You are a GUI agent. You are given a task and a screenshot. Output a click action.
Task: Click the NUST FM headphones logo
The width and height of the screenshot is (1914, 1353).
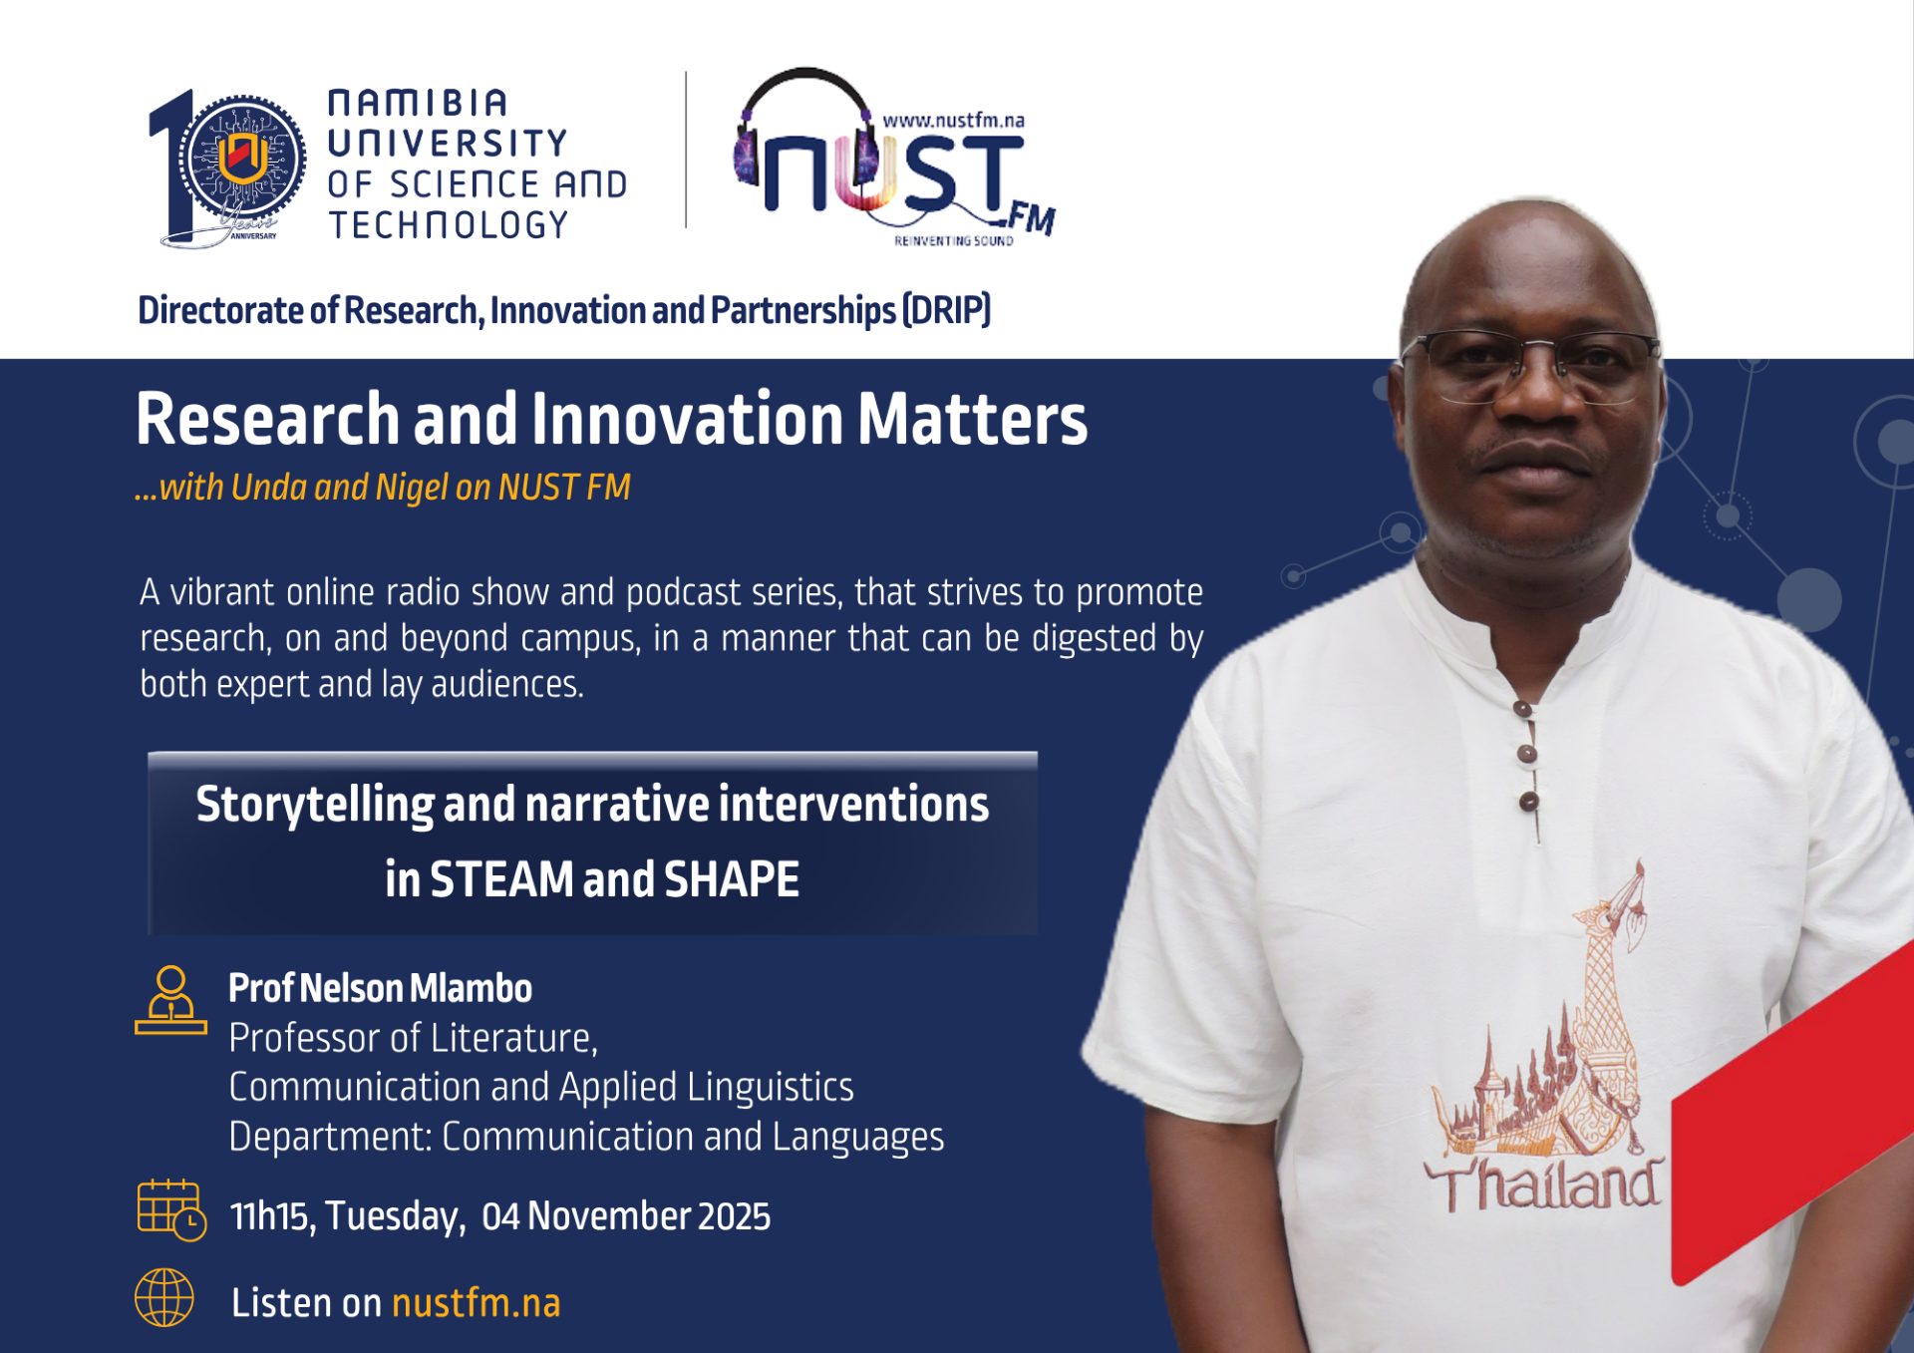(894, 158)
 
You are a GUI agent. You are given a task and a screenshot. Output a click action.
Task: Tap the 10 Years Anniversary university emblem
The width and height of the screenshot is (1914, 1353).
(228, 168)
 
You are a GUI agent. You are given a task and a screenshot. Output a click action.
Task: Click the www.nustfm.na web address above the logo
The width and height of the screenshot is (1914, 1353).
(954, 120)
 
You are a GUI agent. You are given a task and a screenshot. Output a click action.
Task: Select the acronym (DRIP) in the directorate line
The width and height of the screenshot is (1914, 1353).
(946, 310)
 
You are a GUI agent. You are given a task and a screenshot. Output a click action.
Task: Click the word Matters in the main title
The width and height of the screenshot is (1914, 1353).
(972, 419)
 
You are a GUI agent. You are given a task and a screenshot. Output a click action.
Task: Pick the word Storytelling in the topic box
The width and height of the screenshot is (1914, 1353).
(314, 806)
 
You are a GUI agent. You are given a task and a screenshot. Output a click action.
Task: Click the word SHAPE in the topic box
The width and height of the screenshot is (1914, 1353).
(732, 879)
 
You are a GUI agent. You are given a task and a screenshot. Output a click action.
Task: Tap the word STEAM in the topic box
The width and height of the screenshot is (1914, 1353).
(501, 879)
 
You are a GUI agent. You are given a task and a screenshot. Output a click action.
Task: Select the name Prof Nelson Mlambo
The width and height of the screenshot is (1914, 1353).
(380, 988)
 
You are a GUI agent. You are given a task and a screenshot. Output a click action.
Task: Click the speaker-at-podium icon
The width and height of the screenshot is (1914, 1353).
(170, 1000)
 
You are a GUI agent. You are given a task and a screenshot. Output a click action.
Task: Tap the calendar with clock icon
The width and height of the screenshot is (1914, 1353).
(171, 1210)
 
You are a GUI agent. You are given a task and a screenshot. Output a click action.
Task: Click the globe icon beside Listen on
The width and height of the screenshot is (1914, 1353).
(164, 1297)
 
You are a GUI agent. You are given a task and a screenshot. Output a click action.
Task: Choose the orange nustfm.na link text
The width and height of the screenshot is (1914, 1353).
(477, 1303)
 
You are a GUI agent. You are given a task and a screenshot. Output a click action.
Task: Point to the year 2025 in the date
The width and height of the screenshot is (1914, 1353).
(734, 1216)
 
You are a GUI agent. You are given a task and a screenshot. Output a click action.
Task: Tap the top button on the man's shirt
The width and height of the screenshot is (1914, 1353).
(1521, 709)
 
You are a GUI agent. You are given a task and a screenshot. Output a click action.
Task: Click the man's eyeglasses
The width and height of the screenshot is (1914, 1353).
(1533, 365)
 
